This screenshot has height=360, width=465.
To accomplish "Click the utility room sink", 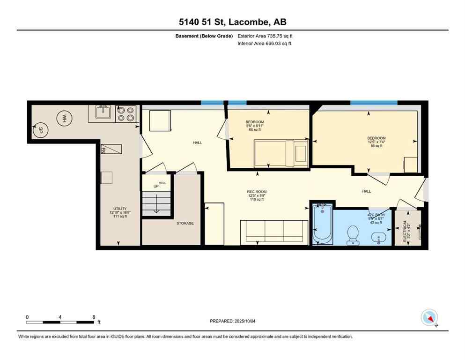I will click(103, 112).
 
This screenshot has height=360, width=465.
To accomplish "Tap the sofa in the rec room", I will click(274, 231).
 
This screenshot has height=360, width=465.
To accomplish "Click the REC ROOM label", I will click(256, 192).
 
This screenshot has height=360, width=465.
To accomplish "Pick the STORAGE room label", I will click(185, 223).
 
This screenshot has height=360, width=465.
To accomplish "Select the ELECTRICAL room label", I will click(405, 232).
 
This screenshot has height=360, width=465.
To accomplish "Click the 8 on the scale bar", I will click(94, 317).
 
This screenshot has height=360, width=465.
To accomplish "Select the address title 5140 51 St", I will click(232, 22).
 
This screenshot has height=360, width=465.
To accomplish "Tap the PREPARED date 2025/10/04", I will click(232, 321).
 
